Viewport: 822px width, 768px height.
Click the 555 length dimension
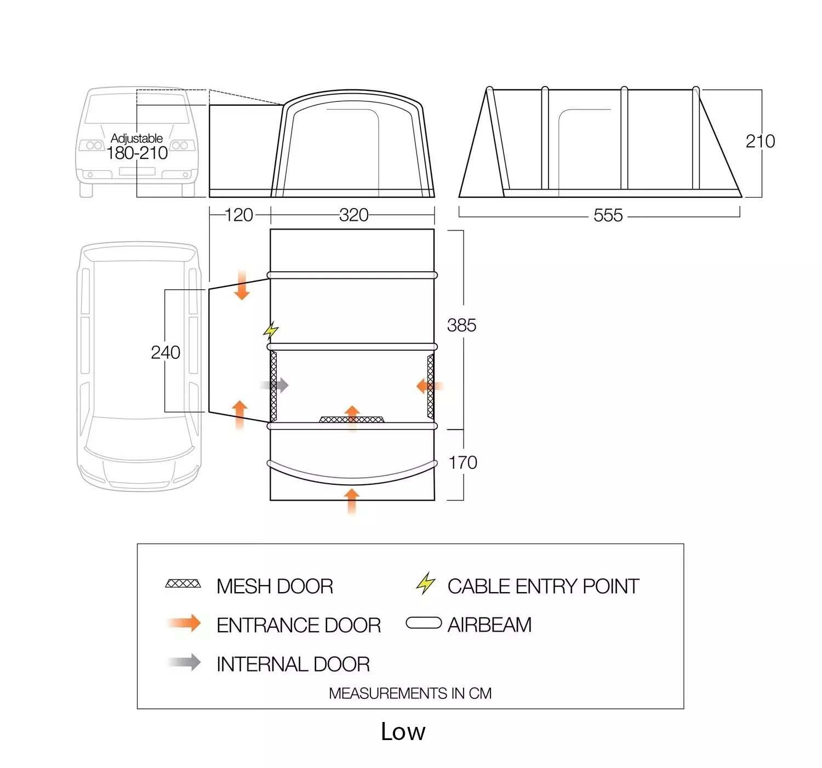coord(608,215)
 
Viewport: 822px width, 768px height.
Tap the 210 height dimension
coord(760,141)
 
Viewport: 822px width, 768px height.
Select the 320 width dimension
coord(353,215)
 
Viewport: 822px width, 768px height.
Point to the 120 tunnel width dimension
coord(239,215)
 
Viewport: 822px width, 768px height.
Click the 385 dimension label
coord(461,325)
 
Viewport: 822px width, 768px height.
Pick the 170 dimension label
coord(463,463)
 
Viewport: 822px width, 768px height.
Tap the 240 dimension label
coord(165,352)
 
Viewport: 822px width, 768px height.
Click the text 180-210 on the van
coord(137,153)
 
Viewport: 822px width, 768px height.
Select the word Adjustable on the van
coord(136,138)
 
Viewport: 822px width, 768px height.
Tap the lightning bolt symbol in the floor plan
coord(271,330)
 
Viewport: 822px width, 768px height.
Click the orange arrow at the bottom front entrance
coord(352,501)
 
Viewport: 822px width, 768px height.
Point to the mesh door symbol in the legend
coord(183,584)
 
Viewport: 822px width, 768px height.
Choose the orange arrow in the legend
coord(185,623)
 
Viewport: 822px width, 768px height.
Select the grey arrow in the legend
coord(185,662)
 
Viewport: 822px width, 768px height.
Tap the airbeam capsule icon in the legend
coord(424,623)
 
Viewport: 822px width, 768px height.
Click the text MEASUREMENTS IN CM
coord(410,694)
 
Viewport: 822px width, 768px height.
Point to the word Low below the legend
coord(403,732)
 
